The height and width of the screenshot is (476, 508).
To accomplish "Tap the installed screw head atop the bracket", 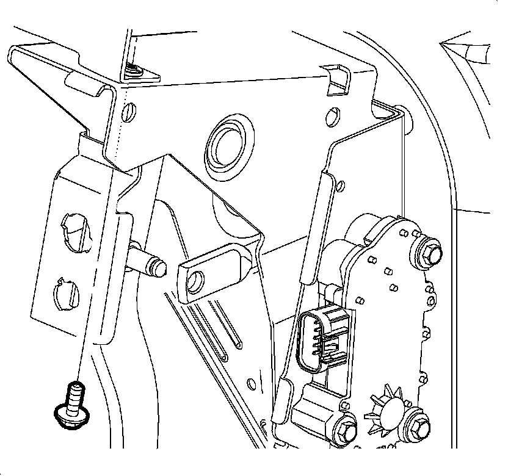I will pos(132,71).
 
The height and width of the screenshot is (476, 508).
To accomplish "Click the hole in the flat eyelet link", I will pos(195,281).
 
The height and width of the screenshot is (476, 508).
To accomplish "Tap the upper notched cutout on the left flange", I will pos(73,227).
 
